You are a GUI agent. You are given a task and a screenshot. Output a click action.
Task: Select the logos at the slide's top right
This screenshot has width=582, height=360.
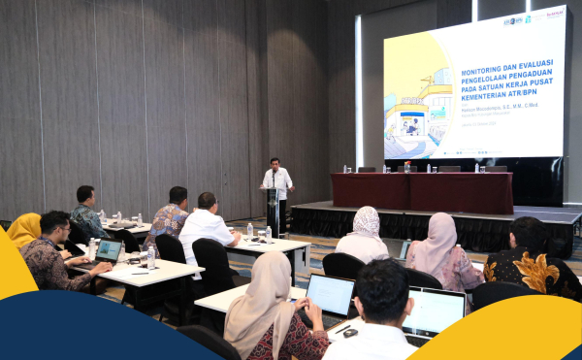point(529,18)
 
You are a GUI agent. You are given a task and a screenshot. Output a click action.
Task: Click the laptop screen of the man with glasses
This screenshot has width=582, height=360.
point(109,251)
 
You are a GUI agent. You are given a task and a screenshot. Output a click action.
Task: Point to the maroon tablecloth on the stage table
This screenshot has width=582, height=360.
point(422,192)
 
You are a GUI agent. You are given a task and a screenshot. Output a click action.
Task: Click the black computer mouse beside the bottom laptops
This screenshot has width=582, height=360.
point(350,333)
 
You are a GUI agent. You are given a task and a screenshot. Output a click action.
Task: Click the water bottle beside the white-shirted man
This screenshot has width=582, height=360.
point(249,231)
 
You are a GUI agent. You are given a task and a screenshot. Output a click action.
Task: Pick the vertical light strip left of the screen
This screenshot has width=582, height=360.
point(358,92)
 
